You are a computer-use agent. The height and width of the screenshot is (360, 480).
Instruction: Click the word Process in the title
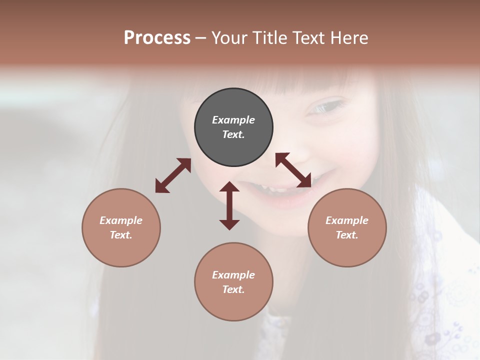click(157, 37)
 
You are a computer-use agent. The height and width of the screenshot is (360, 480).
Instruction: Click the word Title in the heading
click(270, 37)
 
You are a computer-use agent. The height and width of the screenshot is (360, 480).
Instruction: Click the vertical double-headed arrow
click(229, 205)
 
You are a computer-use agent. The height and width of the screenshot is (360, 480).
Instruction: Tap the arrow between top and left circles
click(173, 175)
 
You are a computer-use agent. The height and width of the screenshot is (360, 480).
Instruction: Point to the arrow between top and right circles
click(293, 170)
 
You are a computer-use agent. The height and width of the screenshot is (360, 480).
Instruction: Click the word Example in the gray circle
click(233, 120)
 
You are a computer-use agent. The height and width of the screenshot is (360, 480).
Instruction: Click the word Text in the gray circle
click(233, 134)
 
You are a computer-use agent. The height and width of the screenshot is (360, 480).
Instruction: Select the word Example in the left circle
click(121, 220)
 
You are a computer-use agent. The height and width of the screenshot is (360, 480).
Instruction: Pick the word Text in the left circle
click(121, 235)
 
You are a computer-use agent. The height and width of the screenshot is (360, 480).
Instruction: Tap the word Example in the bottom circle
click(233, 275)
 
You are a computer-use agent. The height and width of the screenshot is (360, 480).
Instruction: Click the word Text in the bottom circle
click(233, 289)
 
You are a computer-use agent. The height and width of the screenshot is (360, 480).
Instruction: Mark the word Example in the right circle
click(347, 220)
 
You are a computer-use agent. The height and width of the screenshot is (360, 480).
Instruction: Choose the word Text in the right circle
click(347, 235)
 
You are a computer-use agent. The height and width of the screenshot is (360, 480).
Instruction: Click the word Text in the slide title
click(307, 37)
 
